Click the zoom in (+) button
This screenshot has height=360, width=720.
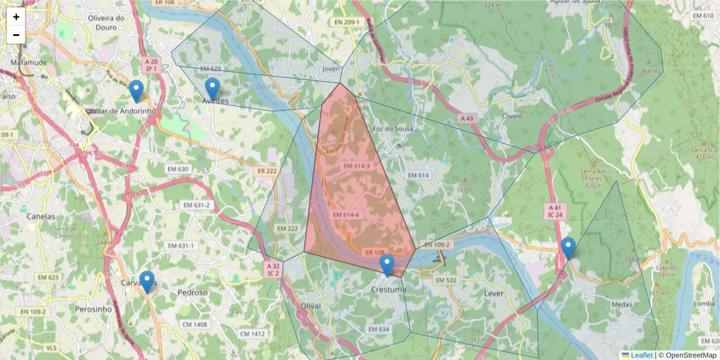pyautogui.click(x=16, y=17)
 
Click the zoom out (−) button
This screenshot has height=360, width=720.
pyautogui.click(x=16, y=35)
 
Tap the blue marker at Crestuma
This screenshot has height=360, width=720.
pyautogui.click(x=387, y=265)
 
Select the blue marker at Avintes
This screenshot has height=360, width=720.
pyautogui.click(x=212, y=88)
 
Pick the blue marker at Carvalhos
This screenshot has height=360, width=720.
pyautogui.click(x=146, y=281)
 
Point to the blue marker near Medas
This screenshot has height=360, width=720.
pyautogui.click(x=568, y=248)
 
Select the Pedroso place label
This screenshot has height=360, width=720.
pyautogui.click(x=193, y=293)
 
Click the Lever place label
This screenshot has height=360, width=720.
pyautogui.click(x=493, y=294)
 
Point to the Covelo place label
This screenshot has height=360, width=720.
pyautogui.click(x=512, y=115)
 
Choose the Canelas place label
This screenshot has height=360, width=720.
pyautogui.click(x=41, y=216)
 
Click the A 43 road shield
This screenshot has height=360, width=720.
pyautogui.click(x=467, y=119)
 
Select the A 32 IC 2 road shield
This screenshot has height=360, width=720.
pyautogui.click(x=273, y=269)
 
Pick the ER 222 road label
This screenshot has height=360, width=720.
pyautogui.click(x=268, y=172)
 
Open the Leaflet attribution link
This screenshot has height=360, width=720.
pyautogui.click(x=641, y=355)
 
